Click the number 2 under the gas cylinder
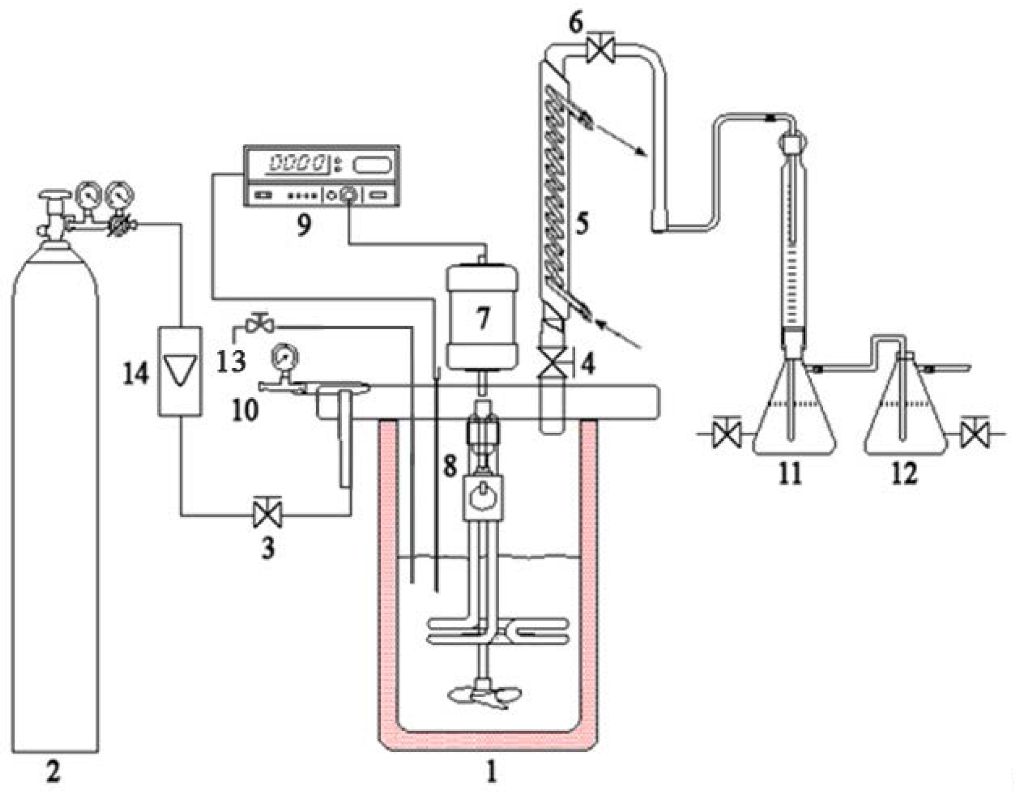(x=53, y=770)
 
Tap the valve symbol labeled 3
(x=267, y=515)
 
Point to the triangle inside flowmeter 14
(x=180, y=370)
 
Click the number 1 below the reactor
(x=491, y=770)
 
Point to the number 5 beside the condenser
(x=582, y=224)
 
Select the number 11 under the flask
(x=790, y=473)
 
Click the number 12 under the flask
(x=904, y=473)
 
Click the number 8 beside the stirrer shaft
(x=450, y=465)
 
